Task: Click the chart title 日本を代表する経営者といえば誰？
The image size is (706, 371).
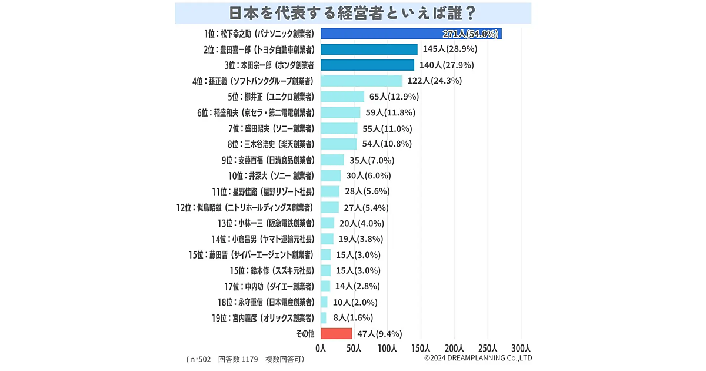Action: click(353, 12)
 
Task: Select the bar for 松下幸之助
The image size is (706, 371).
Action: click(411, 33)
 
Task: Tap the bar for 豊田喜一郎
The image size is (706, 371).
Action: click(369, 49)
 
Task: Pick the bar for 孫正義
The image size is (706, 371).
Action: click(361, 81)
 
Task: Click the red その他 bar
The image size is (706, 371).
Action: click(336, 334)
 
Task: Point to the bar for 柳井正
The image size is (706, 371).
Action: click(342, 97)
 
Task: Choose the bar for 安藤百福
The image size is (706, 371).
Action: click(332, 160)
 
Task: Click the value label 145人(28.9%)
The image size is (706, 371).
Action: click(449, 49)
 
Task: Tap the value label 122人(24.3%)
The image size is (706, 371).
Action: click(435, 81)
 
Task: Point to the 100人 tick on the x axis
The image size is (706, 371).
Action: click(387, 348)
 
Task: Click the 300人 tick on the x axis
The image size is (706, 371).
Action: click(521, 348)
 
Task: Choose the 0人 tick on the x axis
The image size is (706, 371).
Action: click(321, 348)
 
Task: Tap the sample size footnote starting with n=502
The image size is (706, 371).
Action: click(246, 359)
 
